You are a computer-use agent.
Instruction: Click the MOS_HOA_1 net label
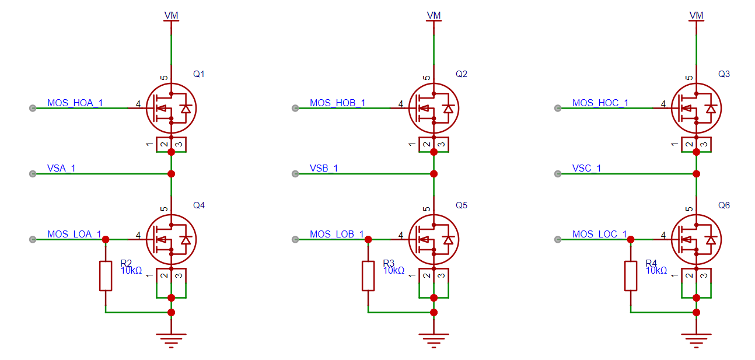(x=75, y=103)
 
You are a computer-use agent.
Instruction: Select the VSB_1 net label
(x=324, y=168)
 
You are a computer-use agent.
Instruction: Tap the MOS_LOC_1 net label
(x=600, y=234)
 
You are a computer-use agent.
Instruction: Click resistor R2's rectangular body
(x=106, y=276)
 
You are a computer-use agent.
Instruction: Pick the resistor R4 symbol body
(x=631, y=276)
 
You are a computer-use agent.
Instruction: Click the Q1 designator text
(x=198, y=74)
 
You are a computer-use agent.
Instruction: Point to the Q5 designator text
(x=462, y=205)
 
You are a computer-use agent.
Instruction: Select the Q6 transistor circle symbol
(x=696, y=239)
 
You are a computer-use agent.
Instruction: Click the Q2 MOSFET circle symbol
(x=434, y=108)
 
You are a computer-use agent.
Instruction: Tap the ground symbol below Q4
(x=171, y=340)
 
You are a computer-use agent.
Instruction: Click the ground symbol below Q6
(x=696, y=340)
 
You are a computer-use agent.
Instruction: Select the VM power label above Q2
(x=434, y=16)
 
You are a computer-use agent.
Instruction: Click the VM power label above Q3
(x=696, y=16)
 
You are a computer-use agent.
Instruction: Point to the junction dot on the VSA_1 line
(x=171, y=174)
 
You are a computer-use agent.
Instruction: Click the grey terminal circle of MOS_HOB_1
(x=295, y=108)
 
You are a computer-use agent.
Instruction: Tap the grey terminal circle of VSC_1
(x=558, y=174)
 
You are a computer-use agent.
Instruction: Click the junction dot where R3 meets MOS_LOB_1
(x=368, y=239)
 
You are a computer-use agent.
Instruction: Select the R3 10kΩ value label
(x=394, y=271)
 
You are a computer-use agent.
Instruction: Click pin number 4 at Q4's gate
(x=138, y=235)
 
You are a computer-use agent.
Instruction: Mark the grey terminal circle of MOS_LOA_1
(x=33, y=239)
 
